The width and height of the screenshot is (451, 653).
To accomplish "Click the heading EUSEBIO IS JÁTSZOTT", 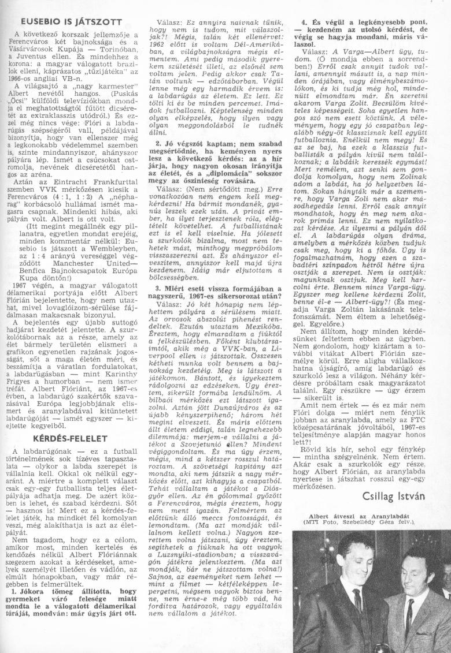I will click(x=71, y=21).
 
